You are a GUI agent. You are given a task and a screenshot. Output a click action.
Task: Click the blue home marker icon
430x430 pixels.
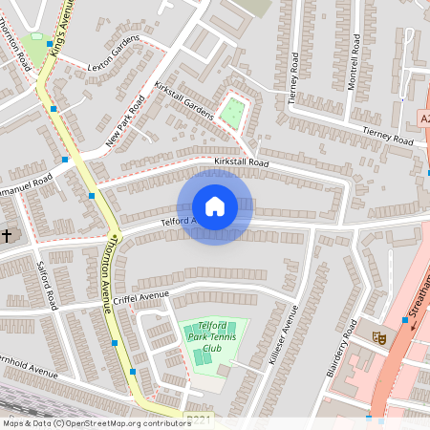pos(215,206)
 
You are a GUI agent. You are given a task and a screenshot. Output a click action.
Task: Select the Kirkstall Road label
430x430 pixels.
pos(243,164)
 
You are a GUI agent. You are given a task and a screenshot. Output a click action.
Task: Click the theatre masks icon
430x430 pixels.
pos(379,336)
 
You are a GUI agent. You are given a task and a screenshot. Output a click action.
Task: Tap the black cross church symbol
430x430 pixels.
pos(7,235)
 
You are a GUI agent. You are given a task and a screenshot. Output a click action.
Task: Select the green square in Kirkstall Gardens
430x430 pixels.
pos(231,113)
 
